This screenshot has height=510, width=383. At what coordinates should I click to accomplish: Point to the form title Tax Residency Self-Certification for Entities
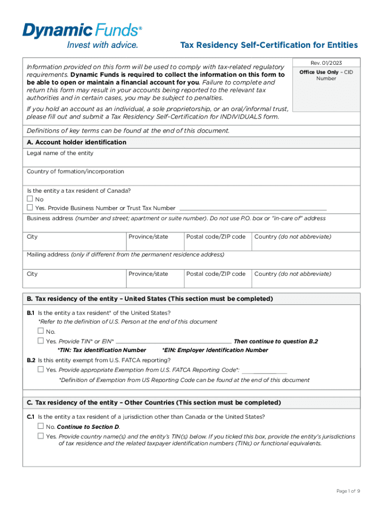pyautogui.click(x=269, y=45)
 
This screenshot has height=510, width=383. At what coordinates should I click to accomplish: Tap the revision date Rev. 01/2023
pyautogui.click(x=326, y=63)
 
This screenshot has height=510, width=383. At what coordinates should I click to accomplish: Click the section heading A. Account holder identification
pyautogui.click(x=77, y=142)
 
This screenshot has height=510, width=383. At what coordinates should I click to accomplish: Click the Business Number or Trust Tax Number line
pyautogui.click(x=252, y=208)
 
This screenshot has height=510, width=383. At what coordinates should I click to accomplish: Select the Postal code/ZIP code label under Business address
pyautogui.click(x=215, y=237)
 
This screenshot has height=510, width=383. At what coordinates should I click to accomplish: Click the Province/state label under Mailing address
pyautogui.click(x=148, y=274)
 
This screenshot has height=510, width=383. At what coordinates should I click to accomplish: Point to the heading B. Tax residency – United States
pyautogui.click(x=150, y=299)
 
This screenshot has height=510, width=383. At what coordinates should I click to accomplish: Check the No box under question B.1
pyautogui.click(x=41, y=331)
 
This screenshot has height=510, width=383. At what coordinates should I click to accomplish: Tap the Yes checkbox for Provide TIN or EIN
pyautogui.click(x=41, y=341)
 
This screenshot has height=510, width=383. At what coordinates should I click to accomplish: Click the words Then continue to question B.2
pyautogui.click(x=276, y=342)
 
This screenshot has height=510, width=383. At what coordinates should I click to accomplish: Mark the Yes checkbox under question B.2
pyautogui.click(x=41, y=370)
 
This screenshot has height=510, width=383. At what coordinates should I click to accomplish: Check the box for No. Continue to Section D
pyautogui.click(x=41, y=427)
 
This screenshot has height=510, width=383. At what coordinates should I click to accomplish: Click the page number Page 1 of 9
pyautogui.click(x=348, y=491)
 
